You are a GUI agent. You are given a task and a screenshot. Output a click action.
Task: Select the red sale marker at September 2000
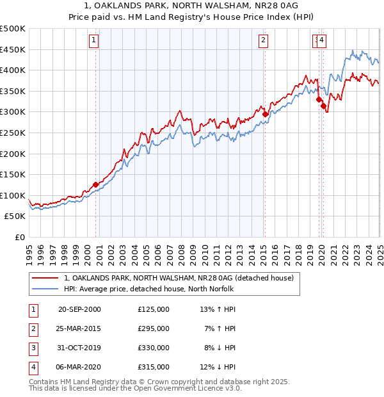(x=96, y=184)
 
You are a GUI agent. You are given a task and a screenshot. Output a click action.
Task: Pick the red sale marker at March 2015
(x=265, y=114)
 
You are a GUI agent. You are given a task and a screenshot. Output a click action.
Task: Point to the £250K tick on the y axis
(x=13, y=133)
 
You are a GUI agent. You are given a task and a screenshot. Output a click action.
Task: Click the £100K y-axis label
(x=13, y=195)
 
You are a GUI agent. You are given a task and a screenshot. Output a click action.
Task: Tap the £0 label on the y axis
(x=19, y=237)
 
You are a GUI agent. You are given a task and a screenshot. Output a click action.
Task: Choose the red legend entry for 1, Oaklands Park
(x=179, y=278)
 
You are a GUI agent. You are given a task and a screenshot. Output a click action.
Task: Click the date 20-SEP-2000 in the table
(x=79, y=309)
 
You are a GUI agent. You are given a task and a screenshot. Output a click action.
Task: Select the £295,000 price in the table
(x=154, y=328)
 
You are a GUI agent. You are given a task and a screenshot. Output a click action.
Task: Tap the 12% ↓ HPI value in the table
(x=218, y=367)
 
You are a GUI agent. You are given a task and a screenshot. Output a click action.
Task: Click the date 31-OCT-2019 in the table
(x=79, y=348)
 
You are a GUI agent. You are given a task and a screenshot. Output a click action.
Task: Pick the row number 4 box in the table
(x=33, y=367)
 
